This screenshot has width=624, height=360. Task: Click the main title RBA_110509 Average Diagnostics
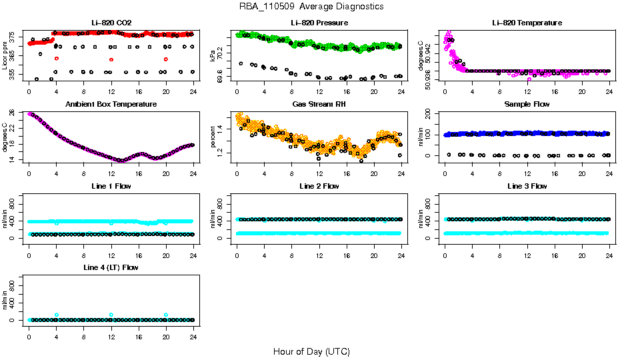(312, 6)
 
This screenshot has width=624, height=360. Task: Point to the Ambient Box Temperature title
(111, 105)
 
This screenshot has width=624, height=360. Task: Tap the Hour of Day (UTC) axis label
(311, 351)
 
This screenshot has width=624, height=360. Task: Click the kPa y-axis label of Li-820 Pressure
(213, 56)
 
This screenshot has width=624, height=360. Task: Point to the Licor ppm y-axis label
(5, 56)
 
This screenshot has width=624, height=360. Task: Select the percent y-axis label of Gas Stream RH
(213, 137)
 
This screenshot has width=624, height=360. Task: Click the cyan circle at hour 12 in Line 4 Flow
(111, 315)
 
